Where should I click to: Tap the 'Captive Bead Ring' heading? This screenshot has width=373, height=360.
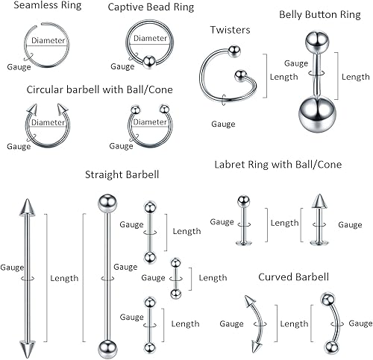[x=150, y=7]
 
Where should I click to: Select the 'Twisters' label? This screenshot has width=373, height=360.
[x=230, y=30]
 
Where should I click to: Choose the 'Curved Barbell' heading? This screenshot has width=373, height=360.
[x=293, y=277]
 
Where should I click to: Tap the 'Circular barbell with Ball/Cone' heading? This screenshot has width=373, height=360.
[x=99, y=89]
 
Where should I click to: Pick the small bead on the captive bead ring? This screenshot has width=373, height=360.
[x=148, y=62]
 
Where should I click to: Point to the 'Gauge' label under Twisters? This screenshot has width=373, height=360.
[x=223, y=124]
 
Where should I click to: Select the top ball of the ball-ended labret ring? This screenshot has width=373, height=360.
[x=243, y=200]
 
